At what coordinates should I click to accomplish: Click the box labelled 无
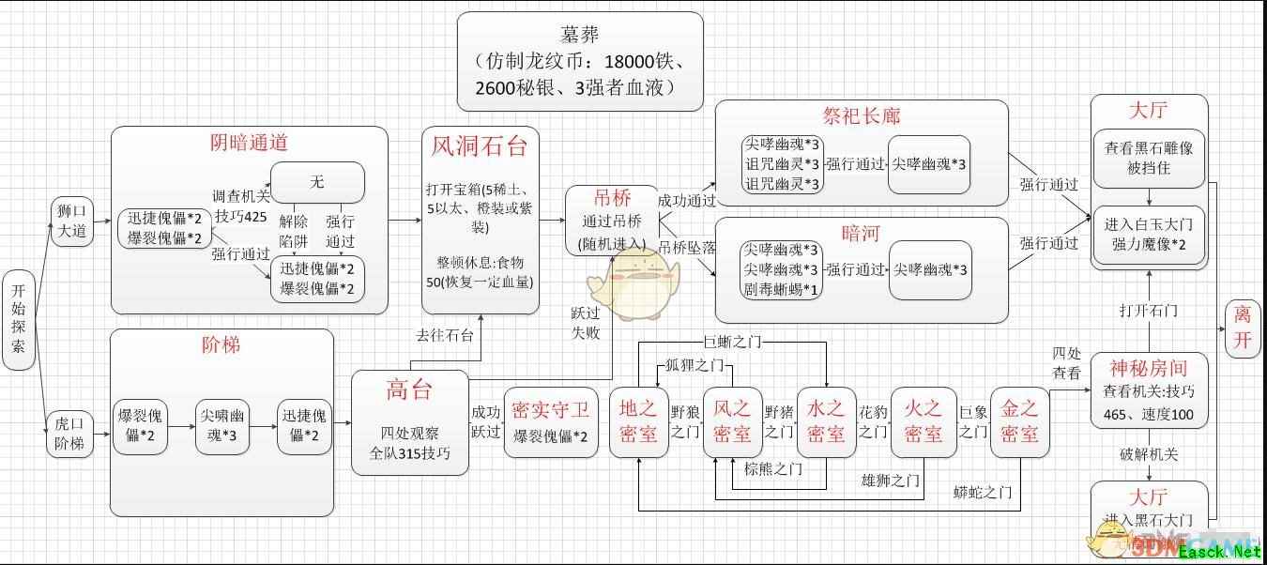point(317,182)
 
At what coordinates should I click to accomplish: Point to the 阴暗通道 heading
point(248,143)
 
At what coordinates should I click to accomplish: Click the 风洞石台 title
point(480,146)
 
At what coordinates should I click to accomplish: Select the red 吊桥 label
point(612,198)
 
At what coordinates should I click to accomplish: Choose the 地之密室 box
point(639,421)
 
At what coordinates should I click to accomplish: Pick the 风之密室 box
point(733,421)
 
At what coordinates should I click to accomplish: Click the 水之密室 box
point(827,421)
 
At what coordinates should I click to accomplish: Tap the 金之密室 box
point(1019,421)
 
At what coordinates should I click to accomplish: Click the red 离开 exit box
point(1243,327)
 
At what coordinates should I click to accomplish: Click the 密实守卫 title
point(551,409)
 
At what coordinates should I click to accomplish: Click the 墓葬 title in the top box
point(580,34)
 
